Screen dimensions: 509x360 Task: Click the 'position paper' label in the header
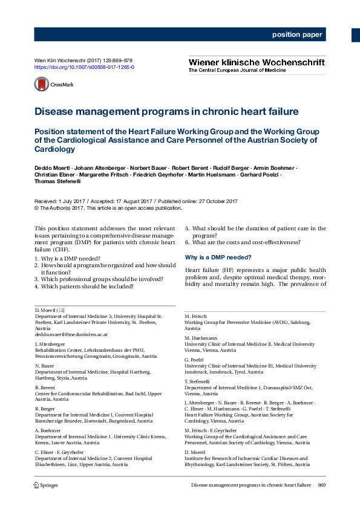297,35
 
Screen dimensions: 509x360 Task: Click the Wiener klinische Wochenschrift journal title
257,62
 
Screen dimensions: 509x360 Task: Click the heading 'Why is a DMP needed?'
218,258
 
